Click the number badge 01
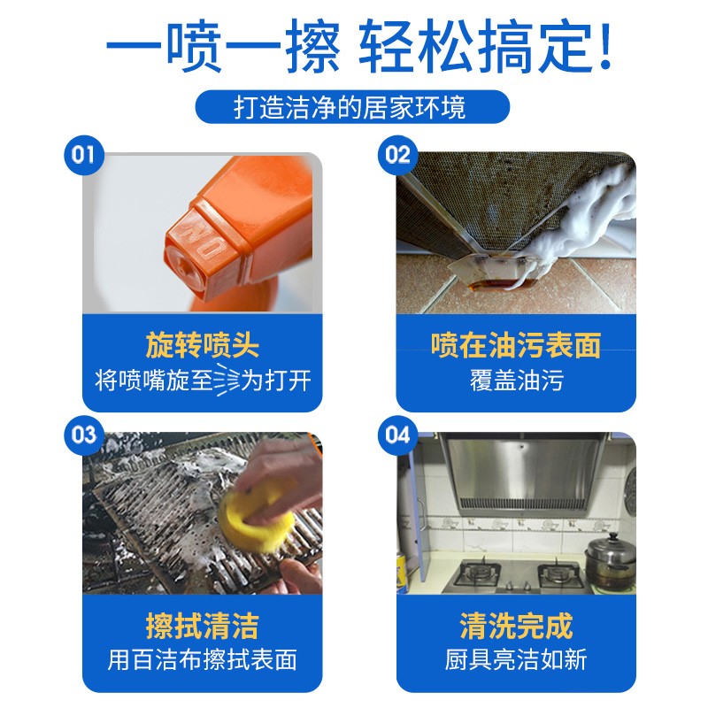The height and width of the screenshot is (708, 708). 83,156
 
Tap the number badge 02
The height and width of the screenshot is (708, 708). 397,156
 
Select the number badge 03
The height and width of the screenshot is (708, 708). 83,435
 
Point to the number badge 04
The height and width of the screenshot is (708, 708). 397,435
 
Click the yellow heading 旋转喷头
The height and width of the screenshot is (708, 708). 202,345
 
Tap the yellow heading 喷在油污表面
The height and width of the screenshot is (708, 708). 516,345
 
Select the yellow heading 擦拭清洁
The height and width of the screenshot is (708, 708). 202,626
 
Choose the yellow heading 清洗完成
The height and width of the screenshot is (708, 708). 516,626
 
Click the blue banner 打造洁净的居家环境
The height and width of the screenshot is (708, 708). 352,107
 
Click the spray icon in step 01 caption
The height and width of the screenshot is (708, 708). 227,380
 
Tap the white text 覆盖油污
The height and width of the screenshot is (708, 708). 516,381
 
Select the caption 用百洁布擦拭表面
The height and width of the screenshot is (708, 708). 202,659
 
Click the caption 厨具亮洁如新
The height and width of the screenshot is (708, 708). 516,659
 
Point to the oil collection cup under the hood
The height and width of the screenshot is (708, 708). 491,273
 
